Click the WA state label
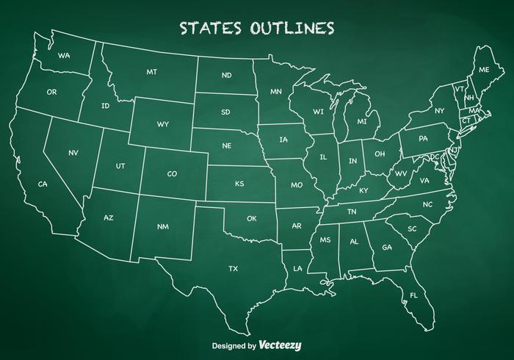[64, 56]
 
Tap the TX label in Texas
[233, 269]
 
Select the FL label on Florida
[413, 295]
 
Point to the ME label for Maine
[484, 70]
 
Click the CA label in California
[43, 184]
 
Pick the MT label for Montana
[152, 72]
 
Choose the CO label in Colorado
[172, 174]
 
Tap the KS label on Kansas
[239, 184]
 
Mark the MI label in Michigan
[362, 121]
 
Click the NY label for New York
[439, 111]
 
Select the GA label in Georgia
[387, 247]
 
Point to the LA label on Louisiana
[297, 269]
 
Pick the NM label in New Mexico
[162, 226]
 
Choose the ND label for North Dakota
[226, 75]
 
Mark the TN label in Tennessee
[352, 212]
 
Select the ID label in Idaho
[106, 106]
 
